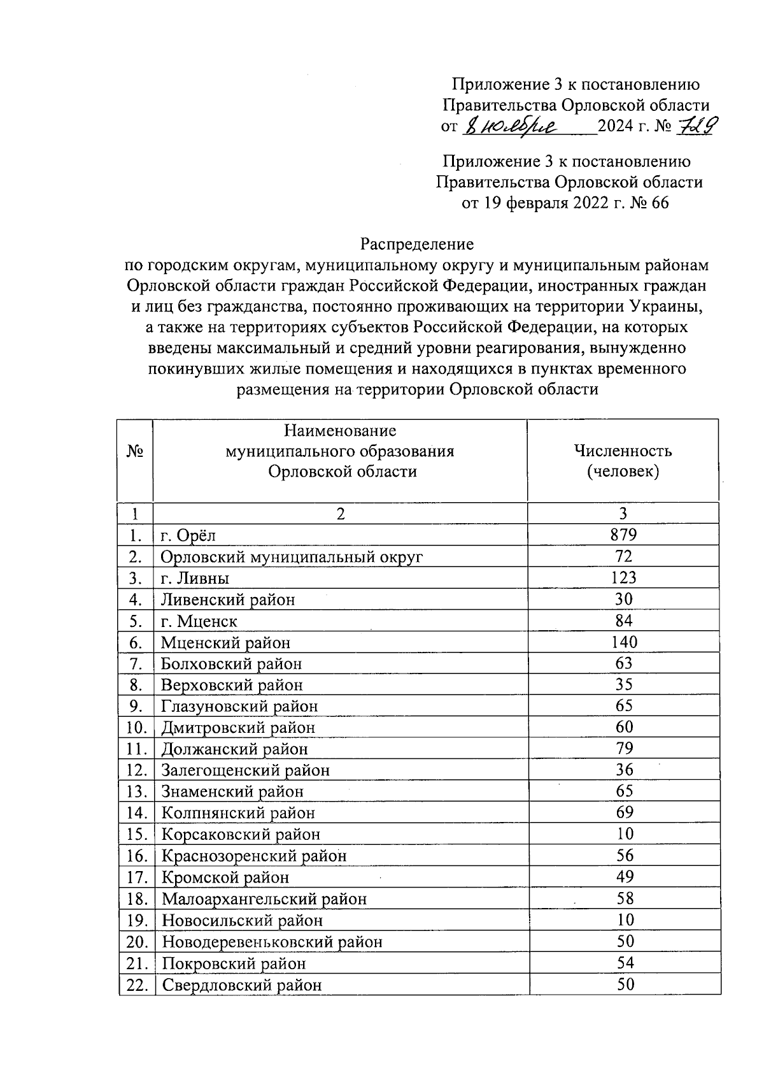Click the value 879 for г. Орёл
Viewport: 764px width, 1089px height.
pyautogui.click(x=623, y=535)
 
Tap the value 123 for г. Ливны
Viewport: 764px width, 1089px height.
pyautogui.click(x=623, y=578)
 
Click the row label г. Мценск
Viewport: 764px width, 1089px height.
pyautogui.click(x=199, y=621)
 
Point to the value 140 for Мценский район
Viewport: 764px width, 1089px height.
pyautogui.click(x=623, y=642)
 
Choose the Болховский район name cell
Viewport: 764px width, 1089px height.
pyautogui.click(x=231, y=664)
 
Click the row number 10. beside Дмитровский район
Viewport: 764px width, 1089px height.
pyautogui.click(x=136, y=728)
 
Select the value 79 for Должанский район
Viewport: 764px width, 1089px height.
pyautogui.click(x=624, y=749)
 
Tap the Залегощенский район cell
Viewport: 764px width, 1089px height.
pyautogui.click(x=245, y=770)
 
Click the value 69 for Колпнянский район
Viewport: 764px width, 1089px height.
pyautogui.click(x=624, y=813)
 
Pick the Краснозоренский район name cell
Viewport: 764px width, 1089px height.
pyautogui.click(x=254, y=856)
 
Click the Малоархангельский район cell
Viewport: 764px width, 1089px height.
pyautogui.click(x=264, y=899)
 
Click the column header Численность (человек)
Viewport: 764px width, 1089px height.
pyautogui.click(x=623, y=461)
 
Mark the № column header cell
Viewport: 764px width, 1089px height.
pyautogui.click(x=135, y=451)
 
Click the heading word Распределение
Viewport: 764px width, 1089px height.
pyautogui.click(x=417, y=244)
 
